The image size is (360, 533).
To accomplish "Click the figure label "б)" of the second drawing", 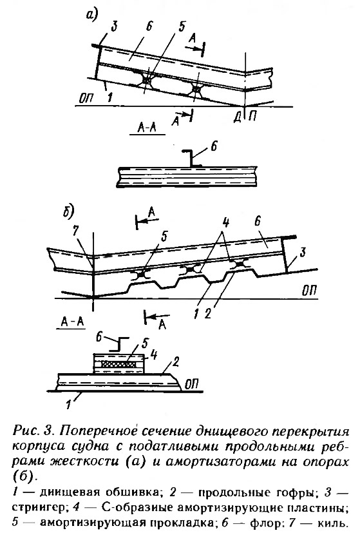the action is coord(69,211).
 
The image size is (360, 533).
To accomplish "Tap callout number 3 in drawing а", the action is coord(114,26).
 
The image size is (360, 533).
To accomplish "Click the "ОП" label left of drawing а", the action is coord(88,99).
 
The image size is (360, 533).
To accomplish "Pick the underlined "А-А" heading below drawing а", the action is coord(147,128).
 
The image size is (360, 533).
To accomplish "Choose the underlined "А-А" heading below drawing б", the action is coord(73,322).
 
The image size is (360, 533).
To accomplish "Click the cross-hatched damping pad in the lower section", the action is coord(120,364).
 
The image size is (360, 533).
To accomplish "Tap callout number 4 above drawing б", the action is coord(225,224).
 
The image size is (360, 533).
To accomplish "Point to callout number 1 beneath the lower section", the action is coord(69,405).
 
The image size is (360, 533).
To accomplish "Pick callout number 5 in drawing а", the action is coord(182,26).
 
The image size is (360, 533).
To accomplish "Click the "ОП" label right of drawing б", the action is coord(309,291).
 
